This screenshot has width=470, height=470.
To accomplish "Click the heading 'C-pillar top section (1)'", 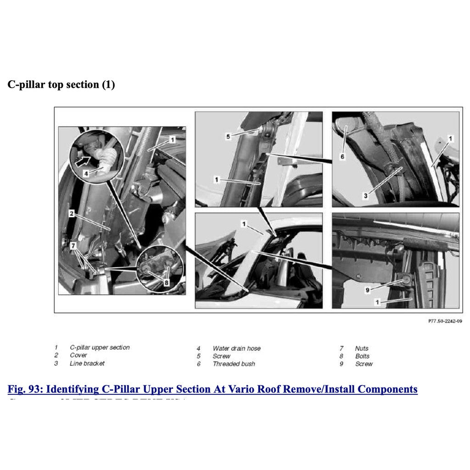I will tap(61, 85).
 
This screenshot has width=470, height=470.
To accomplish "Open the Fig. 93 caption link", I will tap(213, 390).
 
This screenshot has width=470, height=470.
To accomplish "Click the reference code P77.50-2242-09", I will tap(445, 322).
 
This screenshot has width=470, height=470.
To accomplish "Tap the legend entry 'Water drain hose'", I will tap(236, 348).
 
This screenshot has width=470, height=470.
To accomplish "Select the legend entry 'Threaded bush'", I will tap(234, 364).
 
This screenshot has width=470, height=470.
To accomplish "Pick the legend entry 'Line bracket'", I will tap(87, 364).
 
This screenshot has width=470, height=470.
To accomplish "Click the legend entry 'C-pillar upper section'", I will tap(100, 347).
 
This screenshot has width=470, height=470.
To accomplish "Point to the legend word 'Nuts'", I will tap(362, 348).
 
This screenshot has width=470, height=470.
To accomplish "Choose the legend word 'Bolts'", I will tap(362, 356).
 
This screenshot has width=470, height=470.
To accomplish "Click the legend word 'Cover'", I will tap(78, 355).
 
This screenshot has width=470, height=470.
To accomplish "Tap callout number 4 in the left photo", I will tap(86, 174).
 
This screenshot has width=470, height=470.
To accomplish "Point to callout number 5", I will tap(228, 136).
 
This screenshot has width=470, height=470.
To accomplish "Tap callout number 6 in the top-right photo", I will tap(342, 157).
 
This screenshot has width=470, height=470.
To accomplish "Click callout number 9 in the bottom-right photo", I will tap(367, 290).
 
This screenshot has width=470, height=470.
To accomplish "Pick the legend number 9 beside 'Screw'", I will tap(341, 364).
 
